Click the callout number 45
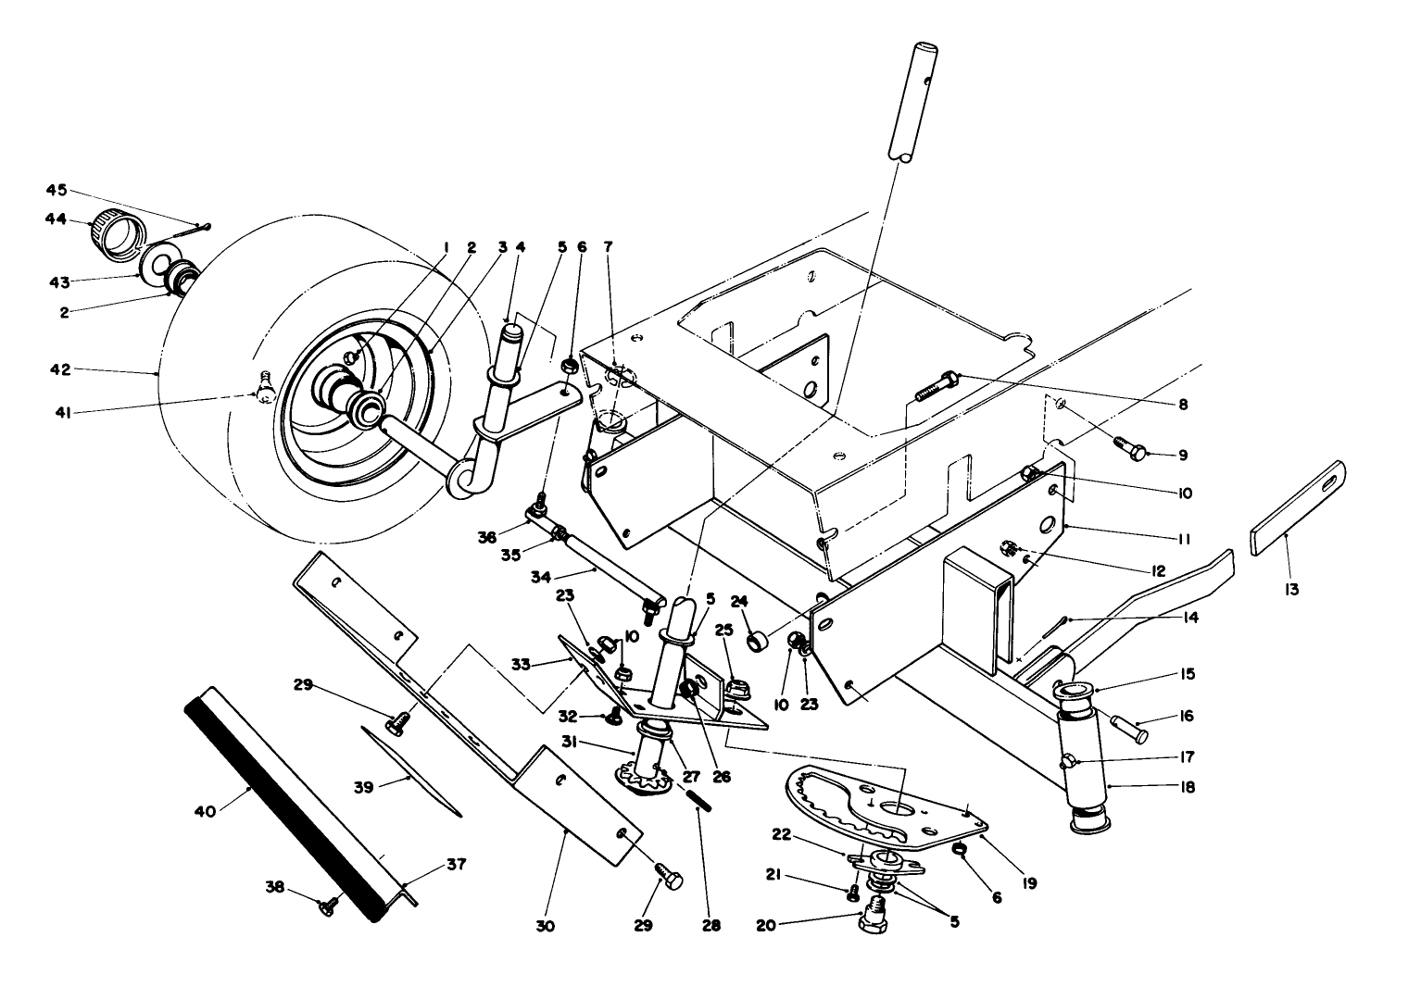(x=57, y=190)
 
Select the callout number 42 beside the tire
(x=58, y=369)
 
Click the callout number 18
(x=1188, y=787)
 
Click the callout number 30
(x=545, y=925)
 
